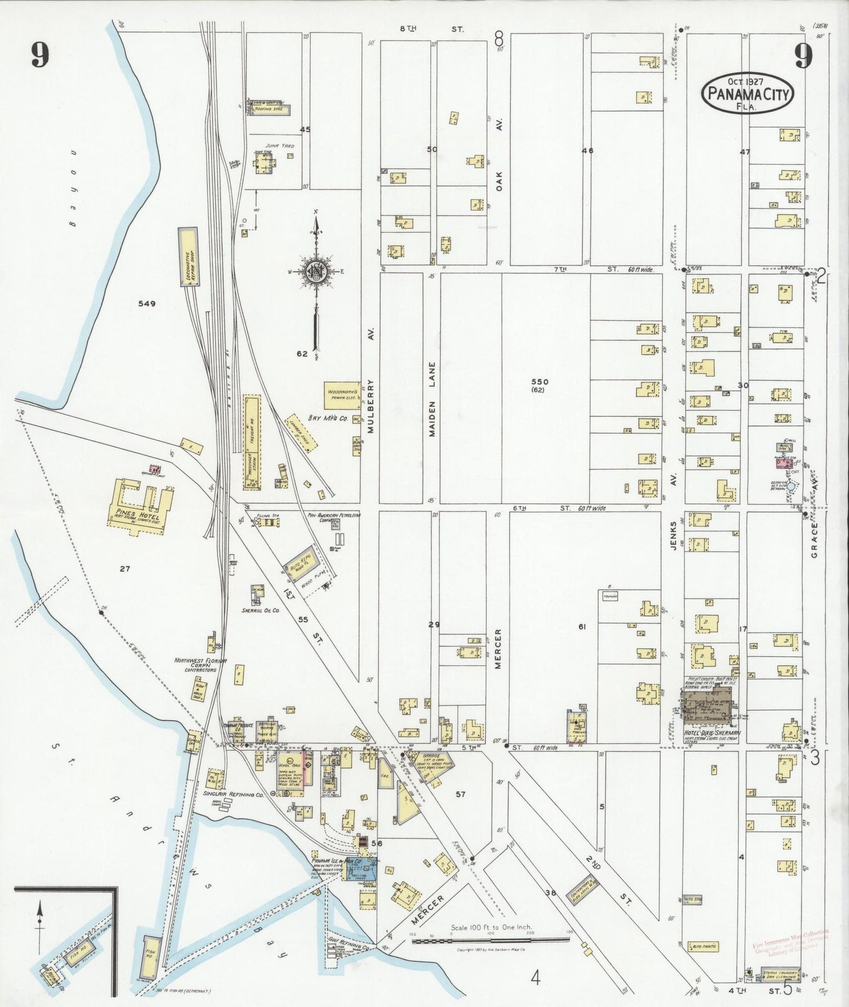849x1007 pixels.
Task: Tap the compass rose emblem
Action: [x=316, y=271]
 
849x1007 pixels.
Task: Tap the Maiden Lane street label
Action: [x=432, y=398]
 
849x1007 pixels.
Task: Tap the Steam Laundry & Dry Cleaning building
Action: [x=781, y=976]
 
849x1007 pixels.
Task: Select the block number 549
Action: [x=146, y=304]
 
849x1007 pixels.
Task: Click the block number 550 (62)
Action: [x=539, y=385]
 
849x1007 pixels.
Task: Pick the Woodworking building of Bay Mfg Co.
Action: [x=343, y=395]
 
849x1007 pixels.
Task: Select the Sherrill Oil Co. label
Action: [x=260, y=610]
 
